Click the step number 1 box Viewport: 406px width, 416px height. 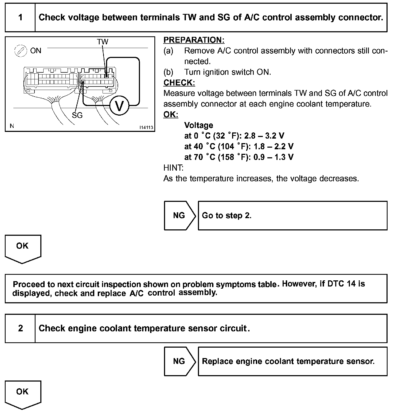[20, 18]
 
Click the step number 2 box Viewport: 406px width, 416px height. [20, 328]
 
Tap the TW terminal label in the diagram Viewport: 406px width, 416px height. [103, 42]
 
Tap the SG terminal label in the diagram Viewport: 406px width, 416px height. [77, 115]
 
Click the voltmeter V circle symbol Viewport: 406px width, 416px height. [119, 106]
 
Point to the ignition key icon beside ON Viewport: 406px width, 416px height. [21, 51]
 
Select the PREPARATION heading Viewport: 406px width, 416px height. [194, 40]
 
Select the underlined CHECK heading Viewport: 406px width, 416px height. [179, 83]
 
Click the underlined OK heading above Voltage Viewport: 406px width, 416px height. [170, 115]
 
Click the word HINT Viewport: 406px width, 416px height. [173, 168]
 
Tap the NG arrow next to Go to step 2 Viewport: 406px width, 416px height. [179, 215]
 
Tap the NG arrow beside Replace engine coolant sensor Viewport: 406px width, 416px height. [179, 361]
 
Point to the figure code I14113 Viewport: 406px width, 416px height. [146, 127]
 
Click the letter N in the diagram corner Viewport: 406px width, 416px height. [12, 126]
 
